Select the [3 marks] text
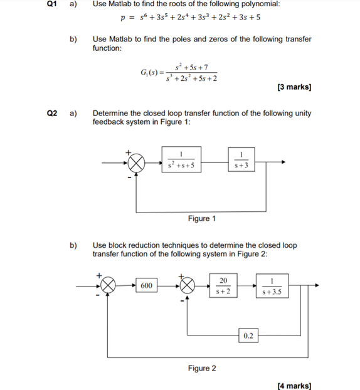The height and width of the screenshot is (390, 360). tap(294, 87)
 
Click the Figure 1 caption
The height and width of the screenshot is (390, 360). tap(202, 218)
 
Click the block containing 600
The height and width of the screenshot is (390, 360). tap(146, 286)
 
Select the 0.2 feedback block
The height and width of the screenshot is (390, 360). tap(248, 336)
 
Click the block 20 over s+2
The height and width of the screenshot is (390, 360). tap(224, 286)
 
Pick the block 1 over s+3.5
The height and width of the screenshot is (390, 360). tap(272, 286)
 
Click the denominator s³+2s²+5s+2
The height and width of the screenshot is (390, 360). tap(192, 78)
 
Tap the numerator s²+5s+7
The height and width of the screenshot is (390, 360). tap(193, 66)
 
